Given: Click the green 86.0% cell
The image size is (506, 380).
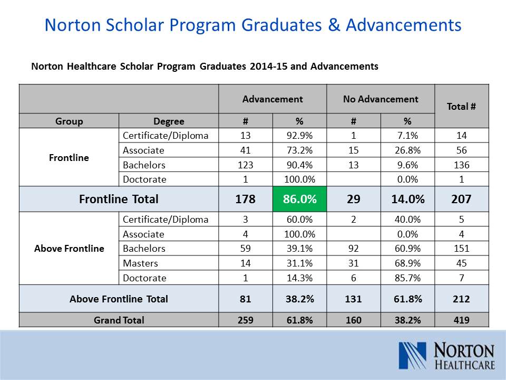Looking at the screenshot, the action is pyautogui.click(x=299, y=199).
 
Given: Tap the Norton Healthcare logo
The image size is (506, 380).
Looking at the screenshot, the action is pyautogui.click(x=447, y=356).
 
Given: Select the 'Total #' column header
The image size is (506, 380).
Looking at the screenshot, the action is pyautogui.click(x=461, y=106).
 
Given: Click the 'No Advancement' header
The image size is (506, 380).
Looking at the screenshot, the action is pyautogui.click(x=381, y=99).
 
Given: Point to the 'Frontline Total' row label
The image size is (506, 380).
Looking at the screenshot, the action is pyautogui.click(x=119, y=199).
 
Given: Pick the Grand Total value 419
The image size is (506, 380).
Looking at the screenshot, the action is pyautogui.click(x=461, y=320).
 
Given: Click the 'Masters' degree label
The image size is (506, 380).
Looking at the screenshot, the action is pyautogui.click(x=140, y=263).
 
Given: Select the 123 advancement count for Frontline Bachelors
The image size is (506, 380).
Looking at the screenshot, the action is pyautogui.click(x=245, y=165).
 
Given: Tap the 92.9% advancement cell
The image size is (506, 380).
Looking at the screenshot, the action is pyautogui.click(x=299, y=136).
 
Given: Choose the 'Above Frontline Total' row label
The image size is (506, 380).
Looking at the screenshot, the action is pyautogui.click(x=119, y=299).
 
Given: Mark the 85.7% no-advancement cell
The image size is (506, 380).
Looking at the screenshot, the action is pyautogui.click(x=407, y=278).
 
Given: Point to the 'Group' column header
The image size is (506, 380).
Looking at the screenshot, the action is pyautogui.click(x=69, y=121).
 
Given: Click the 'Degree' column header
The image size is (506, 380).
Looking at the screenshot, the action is pyautogui.click(x=169, y=121).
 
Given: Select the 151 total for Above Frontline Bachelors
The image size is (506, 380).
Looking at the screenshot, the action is pyautogui.click(x=461, y=248).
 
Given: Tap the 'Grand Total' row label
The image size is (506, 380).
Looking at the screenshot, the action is pyautogui.click(x=119, y=320).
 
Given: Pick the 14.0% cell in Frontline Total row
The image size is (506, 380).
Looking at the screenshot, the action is pyautogui.click(x=407, y=199).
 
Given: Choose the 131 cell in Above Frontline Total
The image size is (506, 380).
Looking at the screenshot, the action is pyautogui.click(x=353, y=299).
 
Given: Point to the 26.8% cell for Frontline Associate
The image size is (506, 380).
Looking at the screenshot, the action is pyautogui.click(x=407, y=150).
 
